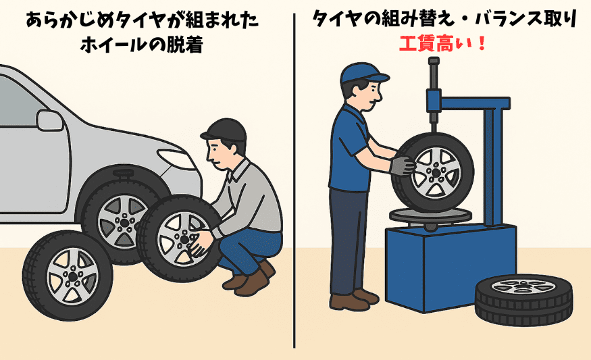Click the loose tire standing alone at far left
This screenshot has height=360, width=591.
point(67,275)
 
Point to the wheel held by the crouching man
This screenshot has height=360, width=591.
point(177,237)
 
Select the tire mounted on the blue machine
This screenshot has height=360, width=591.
point(432,171)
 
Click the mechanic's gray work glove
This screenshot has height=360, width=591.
point(403,165)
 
